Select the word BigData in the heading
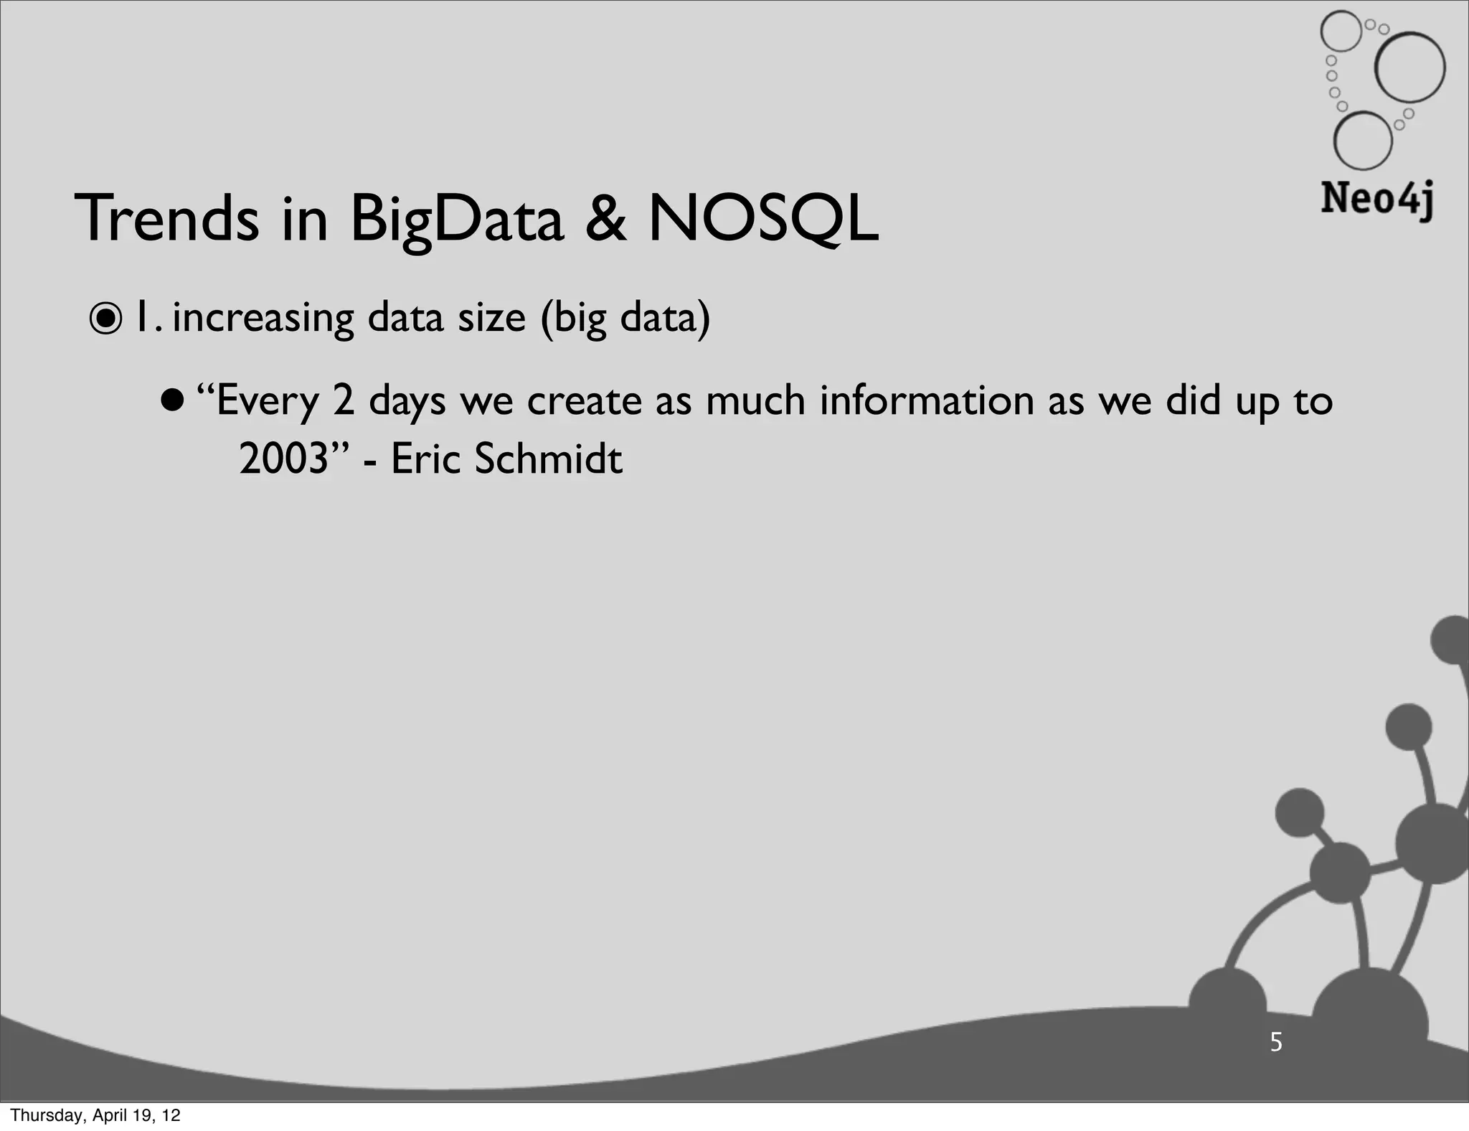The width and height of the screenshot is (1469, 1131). coord(457,220)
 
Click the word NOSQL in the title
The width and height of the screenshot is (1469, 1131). coord(762,220)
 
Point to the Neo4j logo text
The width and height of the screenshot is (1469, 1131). coord(1376,199)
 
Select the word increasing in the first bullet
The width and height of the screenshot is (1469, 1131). coord(263,319)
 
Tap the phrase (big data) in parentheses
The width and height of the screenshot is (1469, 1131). coord(625,319)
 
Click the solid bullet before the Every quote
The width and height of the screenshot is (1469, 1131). coord(173,399)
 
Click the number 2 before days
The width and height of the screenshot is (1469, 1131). coord(344,400)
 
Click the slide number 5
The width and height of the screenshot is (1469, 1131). coord(1276,1042)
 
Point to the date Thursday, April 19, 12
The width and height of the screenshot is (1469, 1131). coord(95,1115)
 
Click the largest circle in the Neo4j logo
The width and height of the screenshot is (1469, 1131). coord(1409,68)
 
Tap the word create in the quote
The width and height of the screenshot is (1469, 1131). coord(585,400)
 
